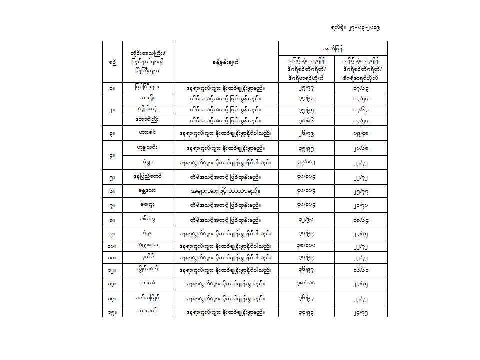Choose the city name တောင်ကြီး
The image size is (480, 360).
[x=148, y=120]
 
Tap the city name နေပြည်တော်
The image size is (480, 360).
[x=148, y=177]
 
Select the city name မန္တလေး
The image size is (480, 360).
[x=148, y=191]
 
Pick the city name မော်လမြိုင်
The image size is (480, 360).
[x=148, y=298]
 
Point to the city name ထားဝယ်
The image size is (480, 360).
[x=148, y=312]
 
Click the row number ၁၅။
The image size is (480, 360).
[x=112, y=312]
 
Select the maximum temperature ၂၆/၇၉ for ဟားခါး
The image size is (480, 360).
[x=306, y=133]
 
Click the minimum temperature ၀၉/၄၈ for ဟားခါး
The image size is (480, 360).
[x=360, y=133]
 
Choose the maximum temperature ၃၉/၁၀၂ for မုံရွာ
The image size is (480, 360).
[x=306, y=162]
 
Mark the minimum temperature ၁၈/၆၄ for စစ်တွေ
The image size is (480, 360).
[x=360, y=219]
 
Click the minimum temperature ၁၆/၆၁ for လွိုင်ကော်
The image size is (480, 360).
[x=360, y=270]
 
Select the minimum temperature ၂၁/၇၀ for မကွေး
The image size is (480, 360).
[x=360, y=205]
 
